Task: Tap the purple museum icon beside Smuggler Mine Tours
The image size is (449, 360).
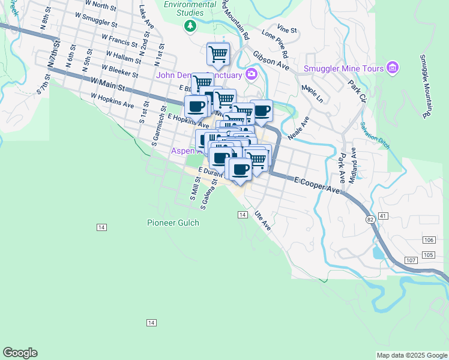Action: coord(393,68)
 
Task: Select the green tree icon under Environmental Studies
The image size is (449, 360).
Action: coord(190,25)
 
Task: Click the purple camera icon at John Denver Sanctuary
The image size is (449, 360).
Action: coord(251,74)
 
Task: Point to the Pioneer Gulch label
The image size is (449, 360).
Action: coord(173,223)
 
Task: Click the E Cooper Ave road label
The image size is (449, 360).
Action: coord(316,185)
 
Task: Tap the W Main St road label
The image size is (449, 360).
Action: coord(108,83)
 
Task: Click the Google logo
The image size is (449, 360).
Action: coord(20,353)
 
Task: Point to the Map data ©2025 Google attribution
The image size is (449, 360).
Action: coord(412,355)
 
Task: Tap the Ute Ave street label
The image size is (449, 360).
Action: coord(263,220)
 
